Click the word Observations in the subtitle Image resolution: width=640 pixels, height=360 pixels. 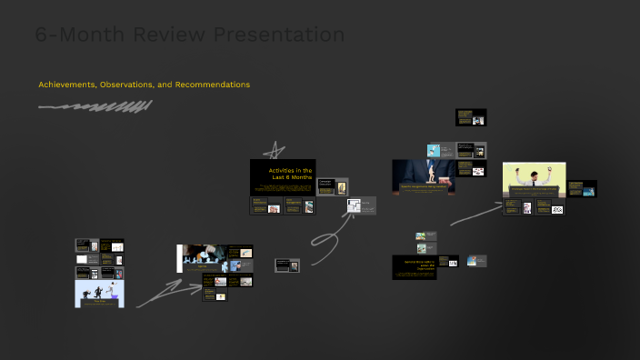click(x=126, y=85)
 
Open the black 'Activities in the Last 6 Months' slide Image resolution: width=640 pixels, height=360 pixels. click(x=283, y=176)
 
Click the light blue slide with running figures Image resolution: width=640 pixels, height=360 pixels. click(x=99, y=294)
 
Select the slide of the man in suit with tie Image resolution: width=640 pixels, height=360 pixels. click(x=424, y=176)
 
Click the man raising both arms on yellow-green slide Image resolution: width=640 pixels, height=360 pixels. click(x=535, y=179)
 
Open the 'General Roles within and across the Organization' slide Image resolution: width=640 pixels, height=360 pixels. click(x=415, y=267)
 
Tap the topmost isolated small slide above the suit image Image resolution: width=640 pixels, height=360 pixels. click(x=471, y=117)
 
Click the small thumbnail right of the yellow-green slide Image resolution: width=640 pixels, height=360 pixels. click(x=583, y=189)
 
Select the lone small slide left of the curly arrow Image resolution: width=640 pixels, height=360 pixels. click(x=287, y=265)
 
